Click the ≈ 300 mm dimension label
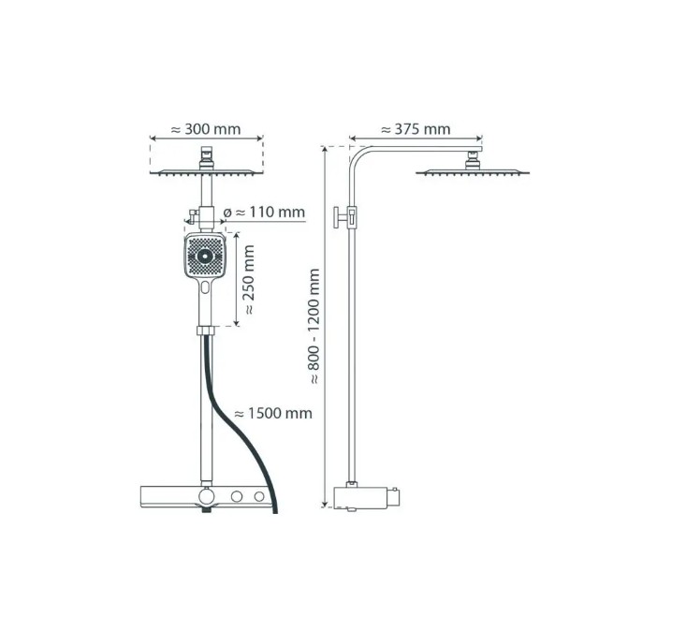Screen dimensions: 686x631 pyautogui.click(x=206, y=129)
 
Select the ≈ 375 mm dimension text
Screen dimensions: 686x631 pyautogui.click(x=416, y=129)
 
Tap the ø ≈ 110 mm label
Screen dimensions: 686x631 pyautogui.click(x=264, y=213)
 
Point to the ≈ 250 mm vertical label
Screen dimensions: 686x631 pyautogui.click(x=249, y=280)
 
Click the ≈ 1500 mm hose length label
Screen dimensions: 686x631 pyautogui.click(x=273, y=414)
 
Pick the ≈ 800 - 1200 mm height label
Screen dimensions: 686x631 pyautogui.click(x=314, y=327)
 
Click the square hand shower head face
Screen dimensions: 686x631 pyautogui.click(x=205, y=256)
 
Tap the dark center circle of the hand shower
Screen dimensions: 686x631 pyautogui.click(x=205, y=257)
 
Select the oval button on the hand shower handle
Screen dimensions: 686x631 pyautogui.click(x=205, y=287)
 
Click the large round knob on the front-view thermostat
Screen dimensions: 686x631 pyautogui.click(x=207, y=497)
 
